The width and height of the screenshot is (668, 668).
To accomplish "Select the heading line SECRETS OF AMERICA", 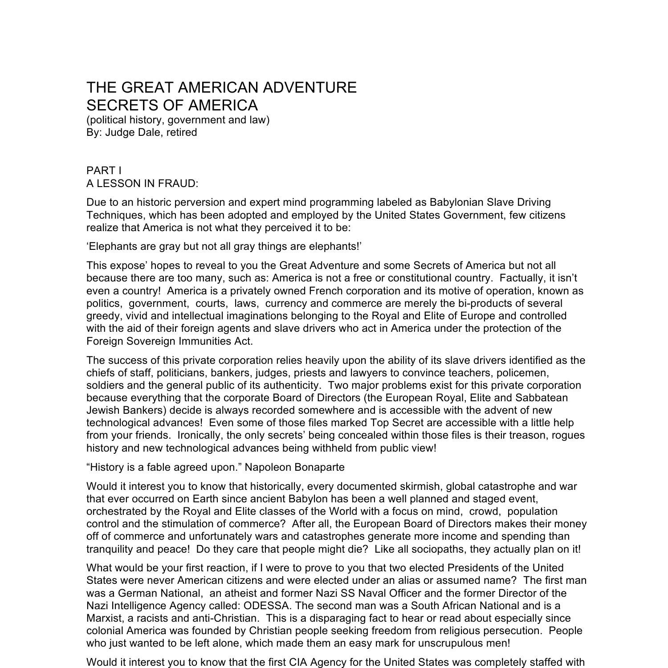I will (x=172, y=106).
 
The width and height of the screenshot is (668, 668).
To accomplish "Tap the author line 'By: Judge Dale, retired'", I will (x=142, y=133).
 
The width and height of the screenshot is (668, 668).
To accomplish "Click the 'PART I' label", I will (x=104, y=171).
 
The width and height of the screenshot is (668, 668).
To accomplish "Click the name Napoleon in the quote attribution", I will (x=268, y=468).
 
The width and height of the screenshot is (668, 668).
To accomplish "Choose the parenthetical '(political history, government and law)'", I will (x=178, y=120).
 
